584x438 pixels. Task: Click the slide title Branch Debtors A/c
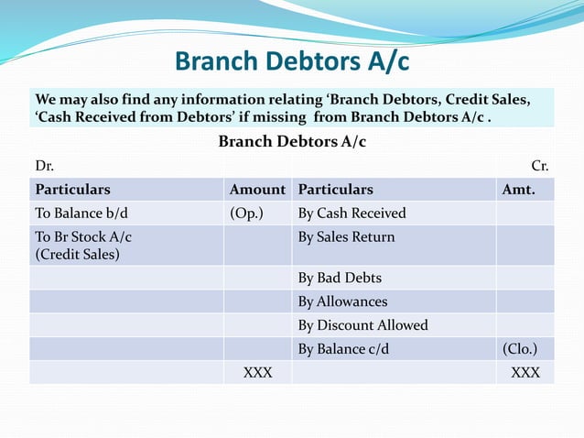291,62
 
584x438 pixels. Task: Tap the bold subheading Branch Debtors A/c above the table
292,142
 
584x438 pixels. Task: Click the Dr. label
44,166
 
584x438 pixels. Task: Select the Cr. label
540,166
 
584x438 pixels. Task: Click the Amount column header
257,190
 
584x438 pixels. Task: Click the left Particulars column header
72,190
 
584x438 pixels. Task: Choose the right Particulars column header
336,190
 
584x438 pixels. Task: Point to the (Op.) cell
247,214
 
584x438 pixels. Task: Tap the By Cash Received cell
351,214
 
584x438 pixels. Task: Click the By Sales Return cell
347,237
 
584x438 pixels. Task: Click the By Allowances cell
342,301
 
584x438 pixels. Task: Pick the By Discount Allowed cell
362,325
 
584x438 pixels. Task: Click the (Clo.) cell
520,349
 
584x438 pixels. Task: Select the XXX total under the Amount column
257,373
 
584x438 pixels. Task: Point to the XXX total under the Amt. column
525,373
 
